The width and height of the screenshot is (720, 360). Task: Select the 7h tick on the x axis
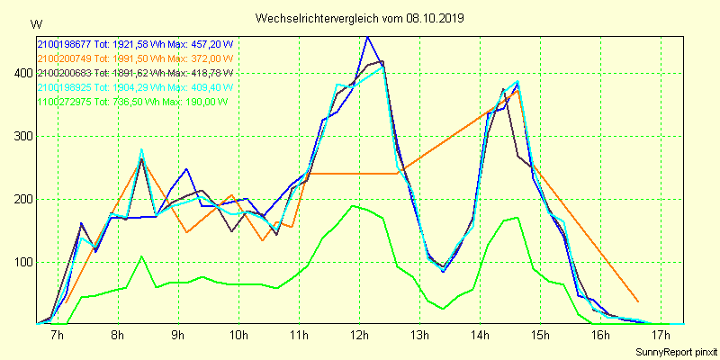point(58,335)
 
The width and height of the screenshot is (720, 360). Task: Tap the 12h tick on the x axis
point(360,335)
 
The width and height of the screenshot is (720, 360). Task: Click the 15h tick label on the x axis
point(540,335)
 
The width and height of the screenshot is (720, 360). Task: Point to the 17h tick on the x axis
point(661,335)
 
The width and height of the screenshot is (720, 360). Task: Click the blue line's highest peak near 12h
point(367,37)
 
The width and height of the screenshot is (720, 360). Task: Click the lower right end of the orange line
point(638,301)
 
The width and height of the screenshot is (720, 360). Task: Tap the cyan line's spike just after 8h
point(141,149)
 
